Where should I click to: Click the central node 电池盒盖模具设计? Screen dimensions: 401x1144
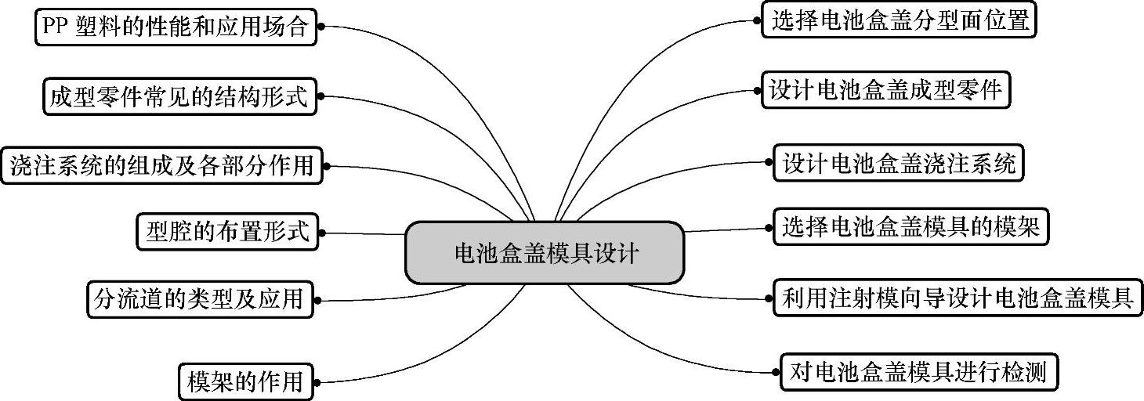point(545,252)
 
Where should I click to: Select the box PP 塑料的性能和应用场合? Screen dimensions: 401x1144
point(176,27)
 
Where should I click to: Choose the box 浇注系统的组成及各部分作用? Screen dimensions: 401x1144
point(161,165)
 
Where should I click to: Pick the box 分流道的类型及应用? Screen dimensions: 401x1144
point(199,298)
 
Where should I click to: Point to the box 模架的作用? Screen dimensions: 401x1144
point(245,381)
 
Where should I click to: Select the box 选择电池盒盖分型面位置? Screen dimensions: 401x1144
point(899,21)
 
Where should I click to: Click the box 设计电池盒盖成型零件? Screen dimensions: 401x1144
point(885,91)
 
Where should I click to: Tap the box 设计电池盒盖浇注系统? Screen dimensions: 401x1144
point(898,163)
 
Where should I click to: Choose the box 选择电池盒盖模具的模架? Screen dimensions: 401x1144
point(910,228)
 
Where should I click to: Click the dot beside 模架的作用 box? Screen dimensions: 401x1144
point(320,381)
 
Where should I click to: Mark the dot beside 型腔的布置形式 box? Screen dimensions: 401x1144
point(321,233)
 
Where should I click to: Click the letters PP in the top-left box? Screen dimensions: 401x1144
point(56,27)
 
